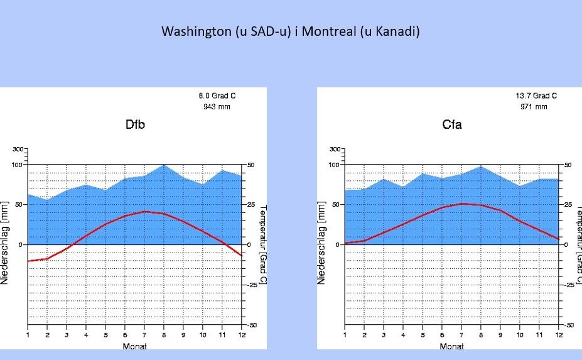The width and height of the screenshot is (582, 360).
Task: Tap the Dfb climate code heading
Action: [135, 124]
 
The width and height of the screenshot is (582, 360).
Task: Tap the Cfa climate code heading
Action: [452, 124]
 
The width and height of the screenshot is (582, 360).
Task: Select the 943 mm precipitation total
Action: [217, 107]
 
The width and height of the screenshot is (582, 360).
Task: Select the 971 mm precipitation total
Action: [534, 107]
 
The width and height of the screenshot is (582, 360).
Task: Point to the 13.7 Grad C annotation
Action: [536, 95]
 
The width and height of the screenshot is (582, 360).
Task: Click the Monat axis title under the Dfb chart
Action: [135, 346]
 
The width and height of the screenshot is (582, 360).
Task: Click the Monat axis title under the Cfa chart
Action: [452, 346]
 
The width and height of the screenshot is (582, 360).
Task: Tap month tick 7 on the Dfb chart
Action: [144, 335]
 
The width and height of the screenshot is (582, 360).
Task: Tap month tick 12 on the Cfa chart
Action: [559, 335]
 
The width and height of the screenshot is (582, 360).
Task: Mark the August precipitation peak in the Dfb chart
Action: [164, 165]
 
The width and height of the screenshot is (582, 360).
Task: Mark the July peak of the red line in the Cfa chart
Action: [461, 204]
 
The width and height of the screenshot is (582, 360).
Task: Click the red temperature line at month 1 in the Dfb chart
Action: [28, 261]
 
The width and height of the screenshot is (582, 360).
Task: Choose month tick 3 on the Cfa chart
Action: [384, 335]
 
